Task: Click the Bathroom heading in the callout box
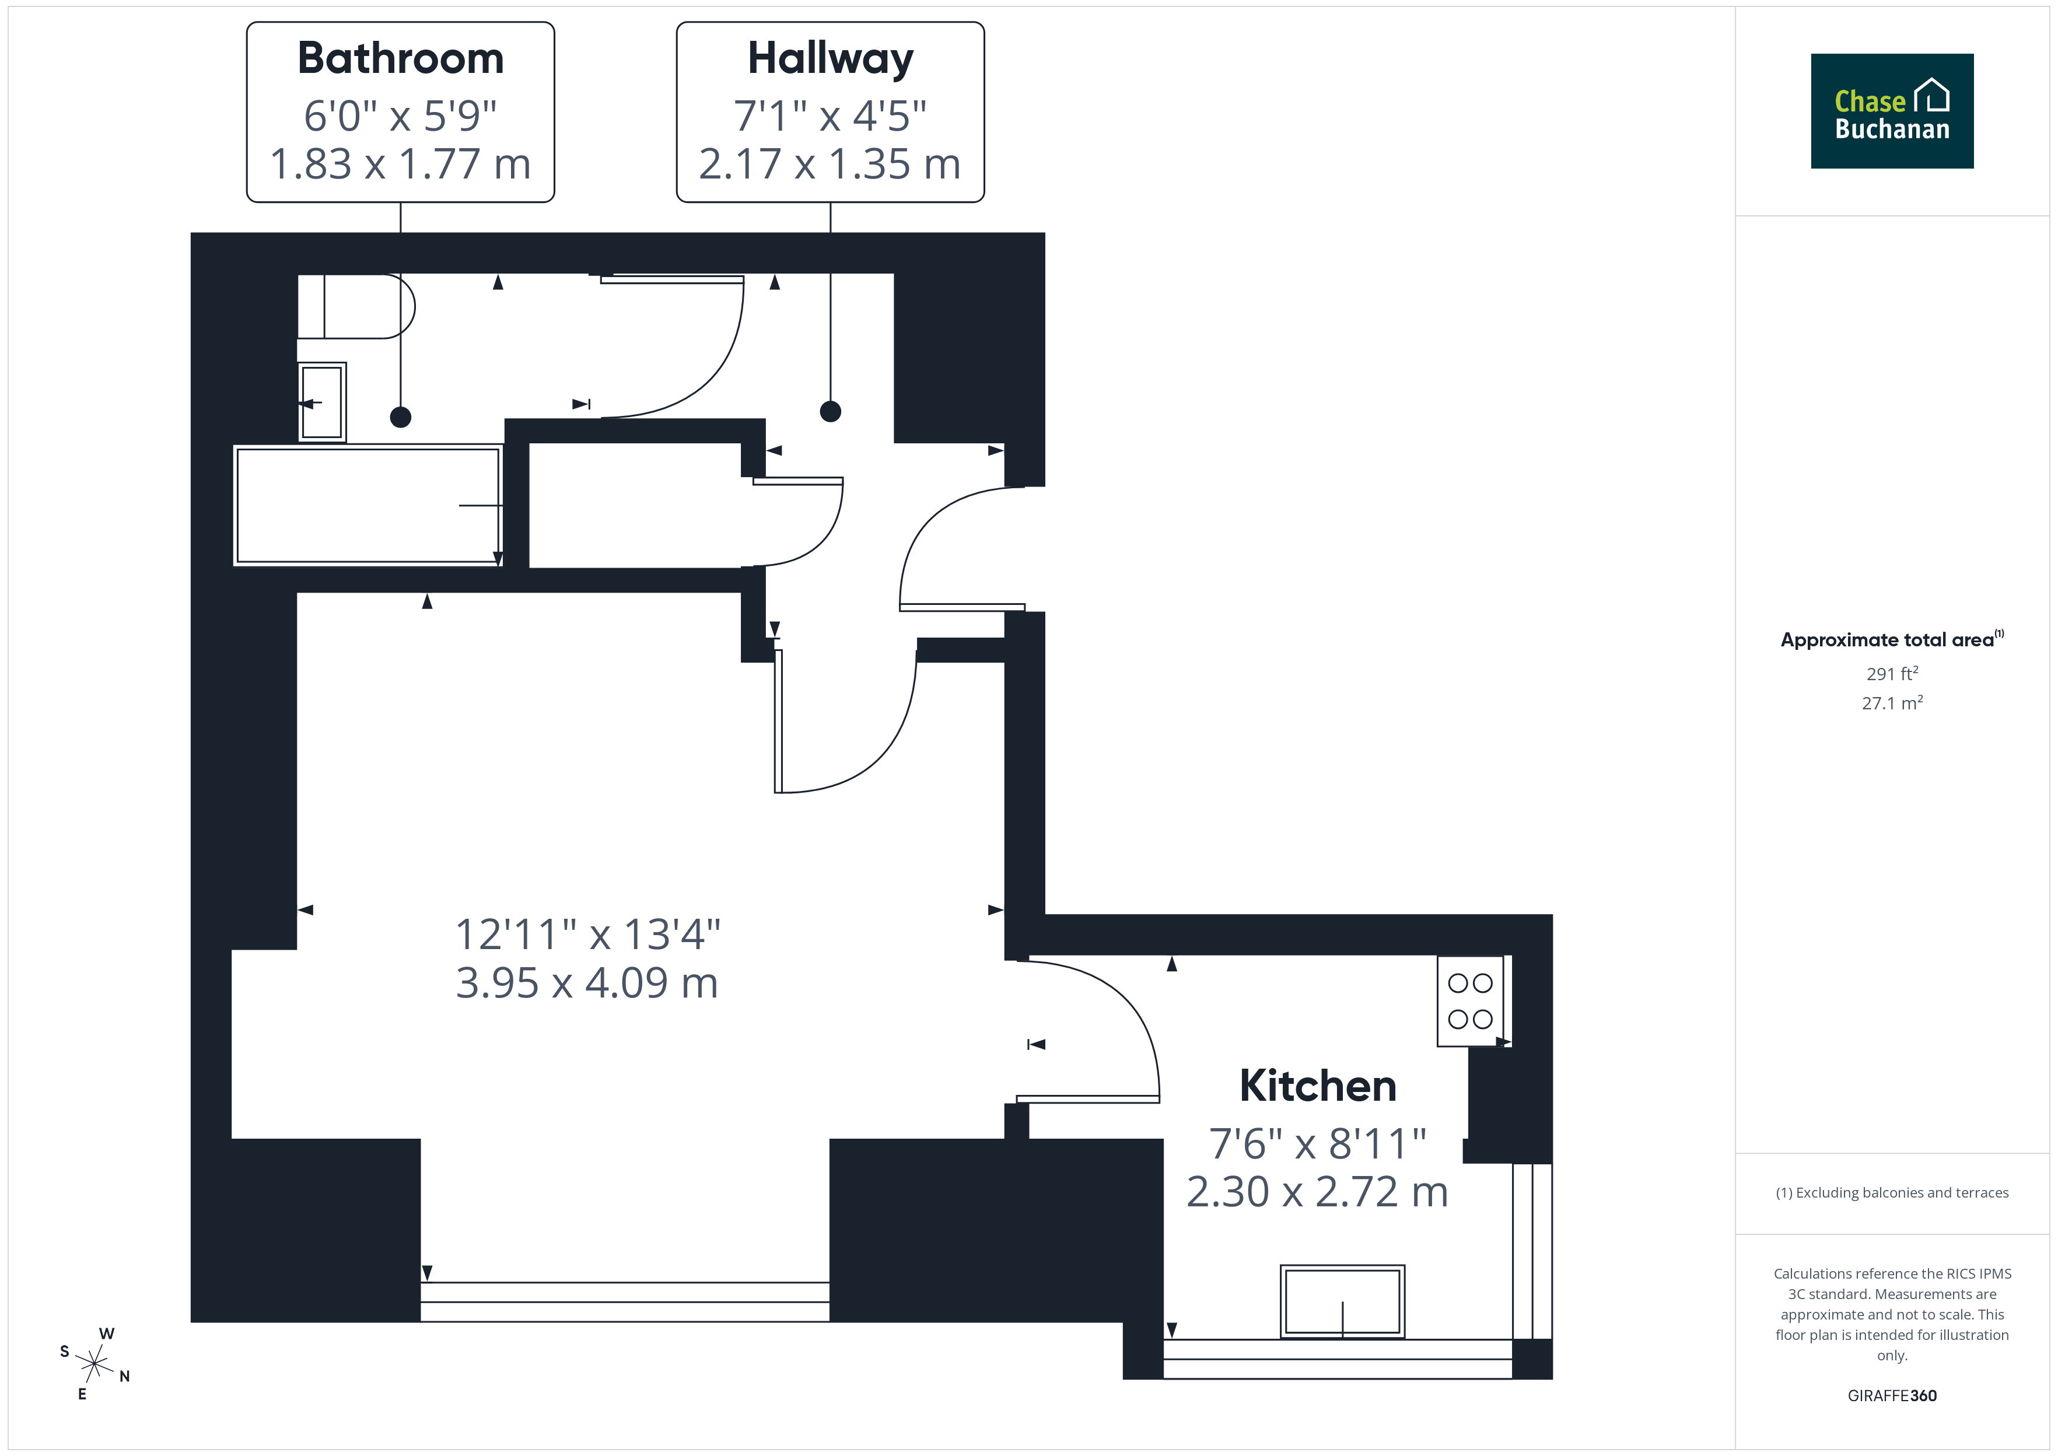pos(401,58)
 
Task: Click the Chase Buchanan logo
pos(1892,111)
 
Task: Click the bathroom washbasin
pos(322,402)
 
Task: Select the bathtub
pos(367,506)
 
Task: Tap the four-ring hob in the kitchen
pos(1471,1000)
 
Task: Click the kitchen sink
pos(1343,1302)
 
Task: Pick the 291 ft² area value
pos(1892,673)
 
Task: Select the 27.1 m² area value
pos(1892,703)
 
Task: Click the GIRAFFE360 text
pos(1892,1396)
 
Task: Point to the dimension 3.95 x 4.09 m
pos(587,982)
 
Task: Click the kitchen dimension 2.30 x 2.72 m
pos(1318,1192)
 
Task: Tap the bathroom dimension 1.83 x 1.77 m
pos(401,164)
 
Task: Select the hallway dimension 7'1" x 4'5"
pos(830,116)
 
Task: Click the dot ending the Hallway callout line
pos(831,411)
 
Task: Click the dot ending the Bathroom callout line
pos(401,417)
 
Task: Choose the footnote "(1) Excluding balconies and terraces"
pos(1892,1192)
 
